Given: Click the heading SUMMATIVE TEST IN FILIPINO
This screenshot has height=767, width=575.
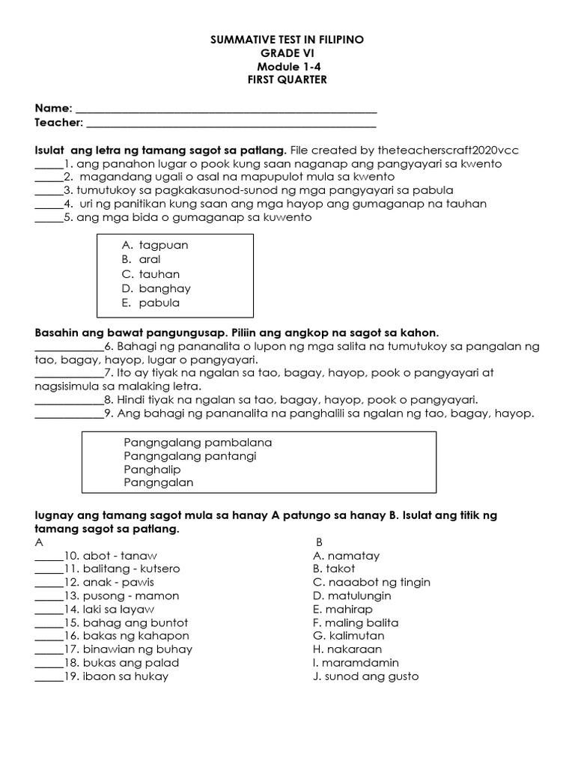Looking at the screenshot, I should [x=287, y=40].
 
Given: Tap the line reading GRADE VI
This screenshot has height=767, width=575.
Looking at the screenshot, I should [x=287, y=53].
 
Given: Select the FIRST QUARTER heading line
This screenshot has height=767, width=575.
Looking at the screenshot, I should [x=287, y=80].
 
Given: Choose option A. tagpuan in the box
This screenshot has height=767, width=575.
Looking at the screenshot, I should [x=155, y=245].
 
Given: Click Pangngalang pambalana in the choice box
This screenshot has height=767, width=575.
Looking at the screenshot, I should [x=198, y=443].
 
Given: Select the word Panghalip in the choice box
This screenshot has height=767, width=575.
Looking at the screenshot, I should [x=149, y=470].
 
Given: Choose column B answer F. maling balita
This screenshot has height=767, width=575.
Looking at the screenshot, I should [x=356, y=623].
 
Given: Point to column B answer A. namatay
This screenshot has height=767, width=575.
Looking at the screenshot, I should [x=347, y=556].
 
